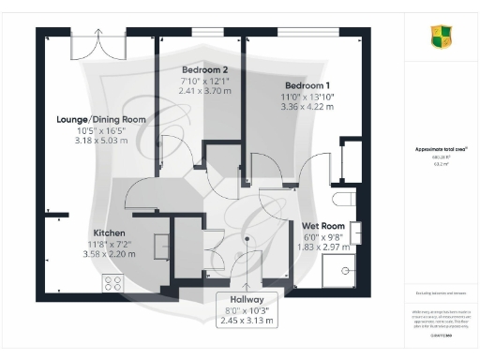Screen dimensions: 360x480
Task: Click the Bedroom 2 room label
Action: pos(205,70)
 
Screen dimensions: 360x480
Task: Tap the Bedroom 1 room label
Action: pos(308,84)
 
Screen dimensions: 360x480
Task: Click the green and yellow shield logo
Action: pos(442,37)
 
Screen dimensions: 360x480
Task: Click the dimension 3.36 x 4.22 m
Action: pos(308,106)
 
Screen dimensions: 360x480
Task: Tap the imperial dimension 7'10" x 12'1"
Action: pos(205,82)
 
